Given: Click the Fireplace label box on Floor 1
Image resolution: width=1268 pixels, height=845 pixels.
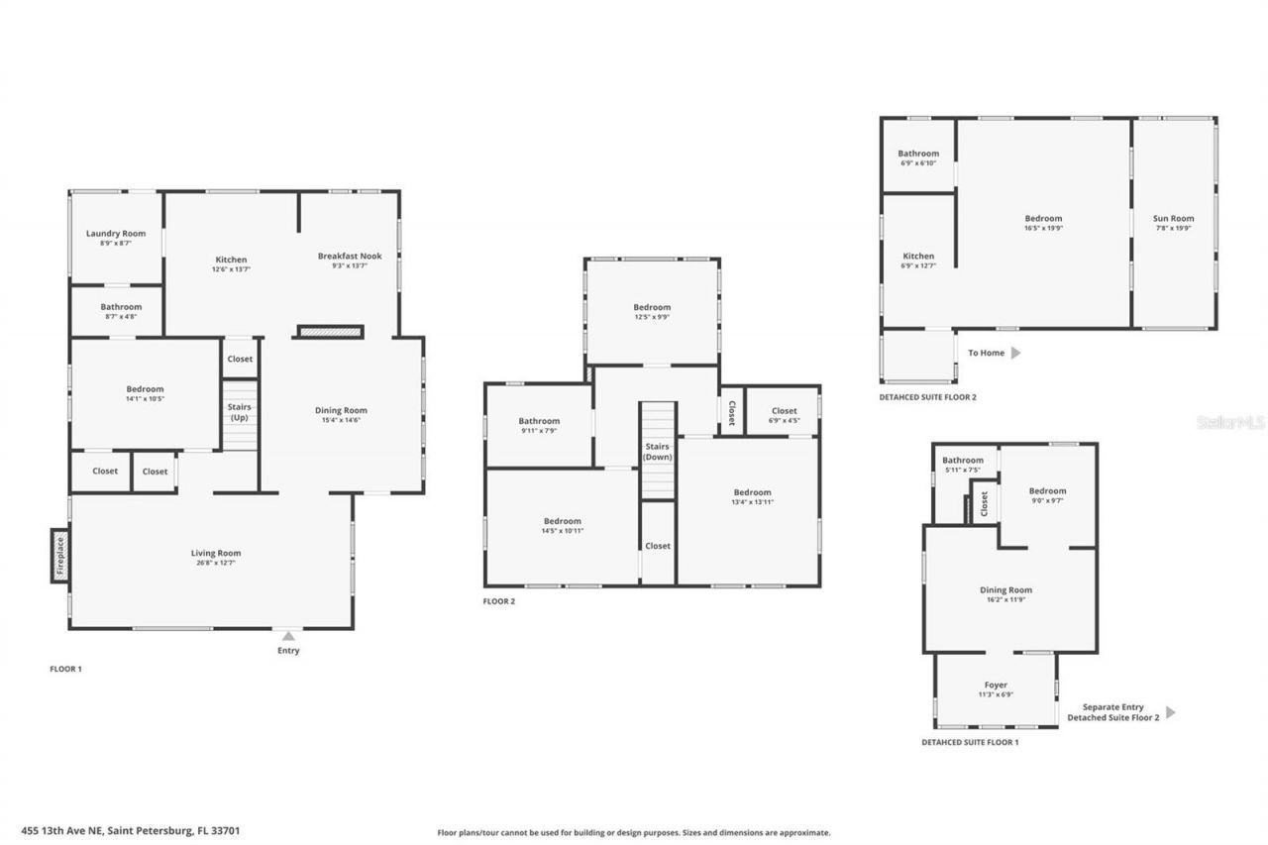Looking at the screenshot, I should pyautogui.click(x=59, y=556).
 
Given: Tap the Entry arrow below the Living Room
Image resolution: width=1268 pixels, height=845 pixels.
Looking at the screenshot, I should pyautogui.click(x=288, y=635).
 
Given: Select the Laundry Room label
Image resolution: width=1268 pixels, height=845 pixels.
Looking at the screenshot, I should pyautogui.click(x=116, y=234).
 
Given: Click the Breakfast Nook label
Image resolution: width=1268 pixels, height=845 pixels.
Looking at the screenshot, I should pyautogui.click(x=350, y=256).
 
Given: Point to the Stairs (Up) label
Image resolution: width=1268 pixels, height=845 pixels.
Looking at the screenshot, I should pyautogui.click(x=240, y=412).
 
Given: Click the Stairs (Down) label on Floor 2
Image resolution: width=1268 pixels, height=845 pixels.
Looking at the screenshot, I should pyautogui.click(x=658, y=452).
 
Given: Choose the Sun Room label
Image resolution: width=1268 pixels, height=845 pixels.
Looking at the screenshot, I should pyautogui.click(x=1173, y=218).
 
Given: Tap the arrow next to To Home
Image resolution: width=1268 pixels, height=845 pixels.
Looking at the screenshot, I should pyautogui.click(x=1015, y=352).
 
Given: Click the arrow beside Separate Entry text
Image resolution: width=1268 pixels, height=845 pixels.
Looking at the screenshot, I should pyautogui.click(x=1171, y=711).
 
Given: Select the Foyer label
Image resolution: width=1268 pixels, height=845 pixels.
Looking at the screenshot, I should pyautogui.click(x=996, y=685).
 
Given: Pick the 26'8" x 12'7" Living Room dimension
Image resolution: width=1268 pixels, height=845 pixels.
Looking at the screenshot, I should pyautogui.click(x=216, y=563).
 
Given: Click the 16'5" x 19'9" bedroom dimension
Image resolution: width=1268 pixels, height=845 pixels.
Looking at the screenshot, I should pyautogui.click(x=1043, y=228).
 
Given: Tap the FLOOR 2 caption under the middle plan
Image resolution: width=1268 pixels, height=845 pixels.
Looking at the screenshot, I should pyautogui.click(x=498, y=601).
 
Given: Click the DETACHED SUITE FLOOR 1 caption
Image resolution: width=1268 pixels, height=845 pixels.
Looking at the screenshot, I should pyautogui.click(x=969, y=742).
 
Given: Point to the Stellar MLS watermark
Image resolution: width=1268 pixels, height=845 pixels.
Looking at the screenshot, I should pyautogui.click(x=1230, y=423).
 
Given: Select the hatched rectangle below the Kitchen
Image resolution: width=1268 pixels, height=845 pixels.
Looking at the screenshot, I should pyautogui.click(x=331, y=333).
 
